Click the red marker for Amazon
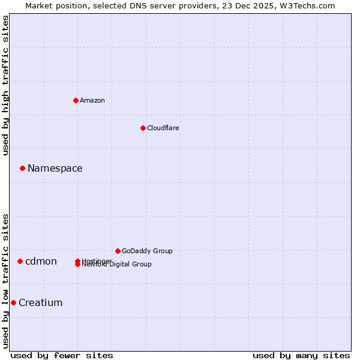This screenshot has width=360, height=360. coord(76,100)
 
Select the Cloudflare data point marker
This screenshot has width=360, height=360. coord(143,128)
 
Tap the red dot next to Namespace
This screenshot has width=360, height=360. coord(22,168)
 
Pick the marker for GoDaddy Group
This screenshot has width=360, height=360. coord(118,251)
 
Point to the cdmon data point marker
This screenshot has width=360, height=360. coord(20,261)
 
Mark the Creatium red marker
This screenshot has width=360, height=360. coord(13,302)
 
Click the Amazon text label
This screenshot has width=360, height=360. coord(92,100)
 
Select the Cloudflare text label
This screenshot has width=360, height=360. coord(163,128)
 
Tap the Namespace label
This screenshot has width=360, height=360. coord(55,168)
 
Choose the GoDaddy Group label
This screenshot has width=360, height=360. coord(147,251)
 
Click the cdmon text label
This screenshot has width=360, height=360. coord(41,261)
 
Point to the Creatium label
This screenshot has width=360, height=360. coord(41,302)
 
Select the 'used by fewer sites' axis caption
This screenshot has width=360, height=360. coord(62,355)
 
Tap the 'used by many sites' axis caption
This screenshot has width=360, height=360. coord(301,355)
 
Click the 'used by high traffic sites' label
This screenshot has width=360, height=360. coord(6,85)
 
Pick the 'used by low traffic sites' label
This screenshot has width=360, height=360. coord(6,280)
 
